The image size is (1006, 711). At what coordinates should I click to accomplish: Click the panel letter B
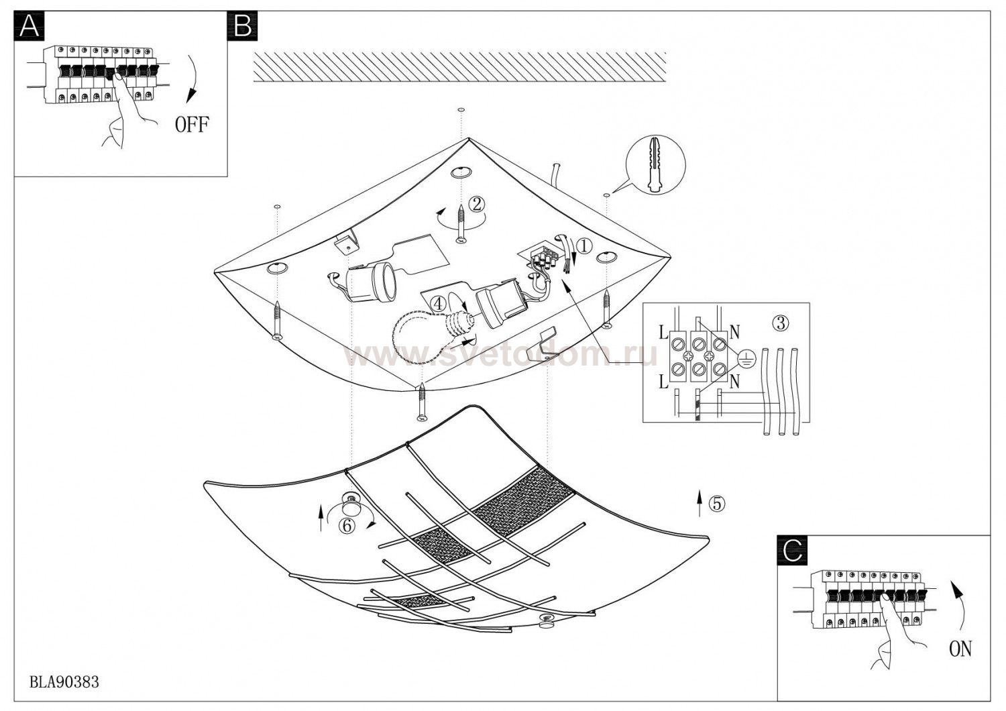[243, 26]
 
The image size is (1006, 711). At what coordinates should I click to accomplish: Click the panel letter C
[792, 551]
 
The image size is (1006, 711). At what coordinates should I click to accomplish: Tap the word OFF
[192, 125]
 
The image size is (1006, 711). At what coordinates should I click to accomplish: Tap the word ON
[960, 649]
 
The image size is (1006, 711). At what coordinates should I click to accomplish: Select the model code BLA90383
[64, 682]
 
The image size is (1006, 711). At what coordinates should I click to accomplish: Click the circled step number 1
[584, 247]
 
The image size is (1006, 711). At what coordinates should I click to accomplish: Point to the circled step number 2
[476, 204]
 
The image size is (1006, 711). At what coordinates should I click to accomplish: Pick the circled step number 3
[779, 323]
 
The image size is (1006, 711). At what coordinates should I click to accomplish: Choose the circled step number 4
[438, 303]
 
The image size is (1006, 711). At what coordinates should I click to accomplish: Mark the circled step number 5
[717, 503]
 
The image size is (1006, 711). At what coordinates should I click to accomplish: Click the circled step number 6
[347, 526]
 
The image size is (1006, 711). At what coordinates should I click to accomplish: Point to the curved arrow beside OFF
[191, 79]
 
